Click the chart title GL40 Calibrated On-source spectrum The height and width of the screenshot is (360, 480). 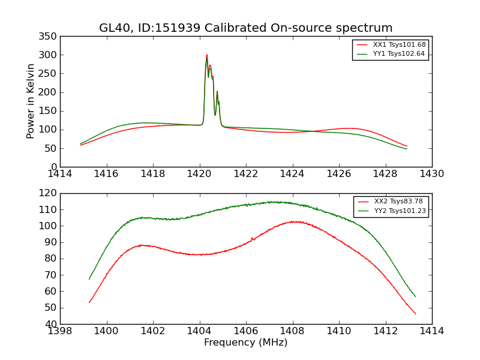tap(246, 28)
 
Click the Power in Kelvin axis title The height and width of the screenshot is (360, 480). tap(31, 101)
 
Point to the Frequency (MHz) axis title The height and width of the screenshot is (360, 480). tap(246, 343)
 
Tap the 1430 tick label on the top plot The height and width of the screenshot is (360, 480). tap(431, 174)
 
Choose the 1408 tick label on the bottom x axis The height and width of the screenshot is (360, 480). tap(292, 331)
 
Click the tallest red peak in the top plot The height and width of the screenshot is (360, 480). tap(207, 55)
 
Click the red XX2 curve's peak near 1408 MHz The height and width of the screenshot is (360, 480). tap(294, 221)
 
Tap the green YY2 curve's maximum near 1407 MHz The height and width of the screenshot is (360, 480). tap(273, 202)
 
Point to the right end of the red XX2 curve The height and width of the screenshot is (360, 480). tap(415, 314)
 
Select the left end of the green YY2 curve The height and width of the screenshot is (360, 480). tap(89, 279)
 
